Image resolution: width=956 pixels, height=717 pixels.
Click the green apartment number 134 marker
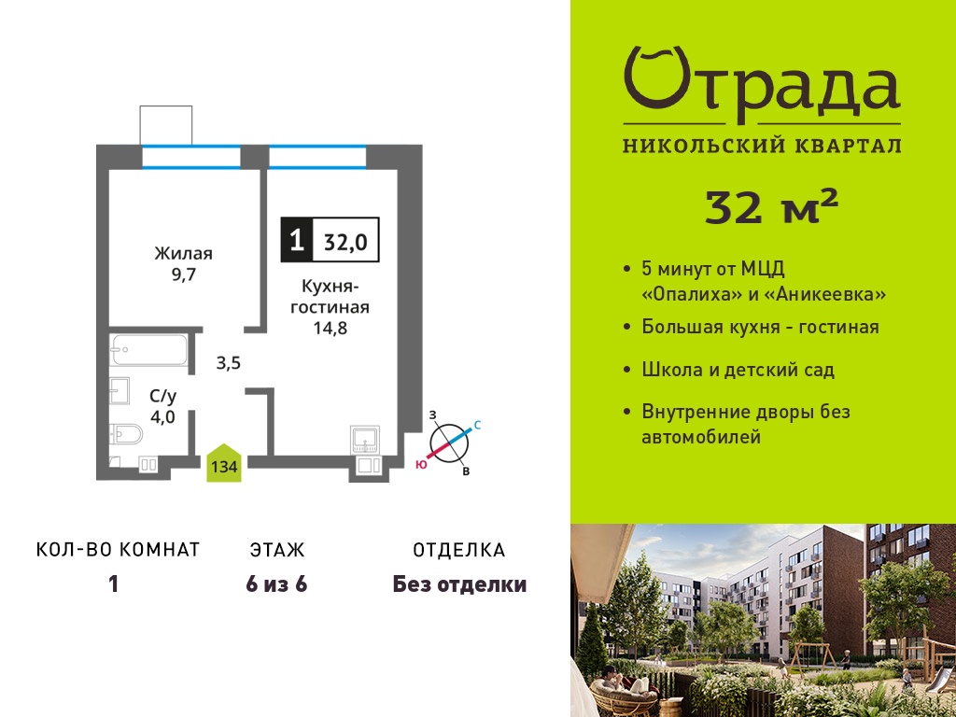click(224, 464)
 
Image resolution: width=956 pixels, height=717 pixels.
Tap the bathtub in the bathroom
click(148, 350)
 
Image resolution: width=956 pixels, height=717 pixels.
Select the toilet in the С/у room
click(126, 434)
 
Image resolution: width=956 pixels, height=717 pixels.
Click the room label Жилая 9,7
click(183, 263)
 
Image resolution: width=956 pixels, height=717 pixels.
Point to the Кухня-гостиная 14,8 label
click(330, 306)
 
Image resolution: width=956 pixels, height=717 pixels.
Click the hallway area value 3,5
click(229, 363)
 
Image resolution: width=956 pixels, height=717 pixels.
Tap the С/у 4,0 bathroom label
click(162, 407)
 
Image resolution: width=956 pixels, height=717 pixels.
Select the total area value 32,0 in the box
click(345, 242)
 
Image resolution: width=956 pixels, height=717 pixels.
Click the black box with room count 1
click(297, 240)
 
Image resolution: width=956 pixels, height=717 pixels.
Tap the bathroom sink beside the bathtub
click(119, 391)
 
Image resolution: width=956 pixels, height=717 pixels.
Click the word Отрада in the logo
click(762, 84)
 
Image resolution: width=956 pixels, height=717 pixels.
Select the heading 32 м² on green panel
click(772, 206)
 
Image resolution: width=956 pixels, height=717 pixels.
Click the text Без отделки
click(459, 584)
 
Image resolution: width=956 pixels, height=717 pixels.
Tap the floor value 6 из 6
click(276, 584)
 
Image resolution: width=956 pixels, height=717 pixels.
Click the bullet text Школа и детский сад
click(738, 370)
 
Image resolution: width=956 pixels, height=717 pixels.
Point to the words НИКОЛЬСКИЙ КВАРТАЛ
click(762, 145)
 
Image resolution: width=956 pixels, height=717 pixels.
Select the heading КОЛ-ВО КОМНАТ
click(119, 549)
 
